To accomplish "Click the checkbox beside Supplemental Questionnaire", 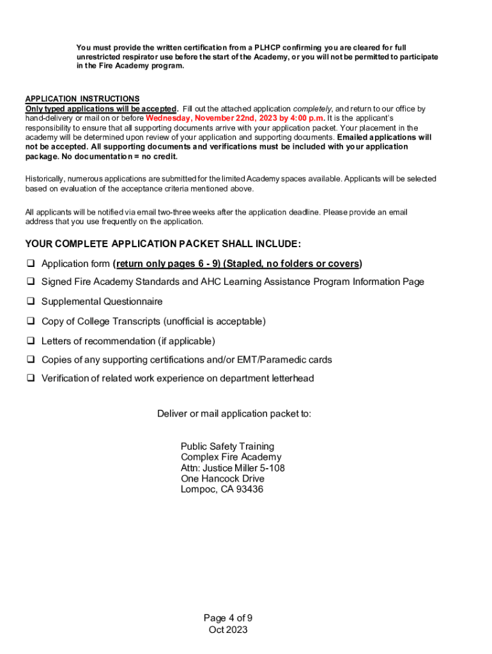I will (x=29, y=301).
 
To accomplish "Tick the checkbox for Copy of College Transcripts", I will (x=29, y=321).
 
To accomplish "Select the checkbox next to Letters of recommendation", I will (x=29, y=341).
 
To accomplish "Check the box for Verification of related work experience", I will (x=29, y=378).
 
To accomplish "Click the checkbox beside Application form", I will (x=29, y=264).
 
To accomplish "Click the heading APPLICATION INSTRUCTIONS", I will (x=82, y=99).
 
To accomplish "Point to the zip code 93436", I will (x=250, y=490).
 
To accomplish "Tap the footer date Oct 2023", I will (x=228, y=630).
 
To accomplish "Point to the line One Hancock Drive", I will (x=222, y=479).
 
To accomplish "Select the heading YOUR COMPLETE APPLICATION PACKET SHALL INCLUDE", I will (x=163, y=244).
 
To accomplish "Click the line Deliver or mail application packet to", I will (x=234, y=414).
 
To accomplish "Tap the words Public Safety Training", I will (x=227, y=446).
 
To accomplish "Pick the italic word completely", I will (x=312, y=109).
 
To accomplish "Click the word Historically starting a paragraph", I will (x=46, y=179).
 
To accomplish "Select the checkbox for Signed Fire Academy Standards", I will (x=29, y=282).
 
